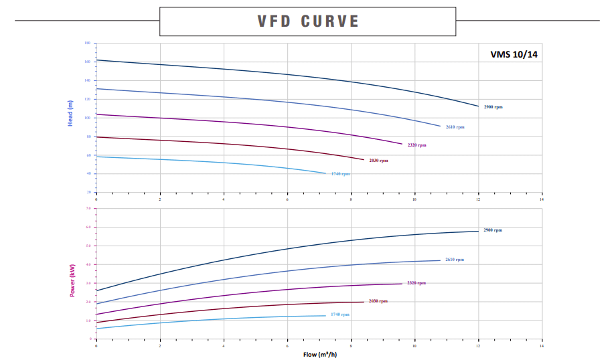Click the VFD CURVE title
308,21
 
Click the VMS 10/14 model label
514,55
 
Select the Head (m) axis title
70,114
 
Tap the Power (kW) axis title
72,280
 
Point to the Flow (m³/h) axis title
319,354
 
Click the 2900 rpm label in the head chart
493,107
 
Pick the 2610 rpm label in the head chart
455,126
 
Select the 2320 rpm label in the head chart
416,145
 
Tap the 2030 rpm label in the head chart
378,161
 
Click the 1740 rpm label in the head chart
340,174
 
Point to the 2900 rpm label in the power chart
493,230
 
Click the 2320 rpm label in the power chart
416,283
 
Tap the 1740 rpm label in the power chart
339,314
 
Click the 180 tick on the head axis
88,43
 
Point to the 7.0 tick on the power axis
88,208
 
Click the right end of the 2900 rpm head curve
479,106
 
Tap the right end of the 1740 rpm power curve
325,315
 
